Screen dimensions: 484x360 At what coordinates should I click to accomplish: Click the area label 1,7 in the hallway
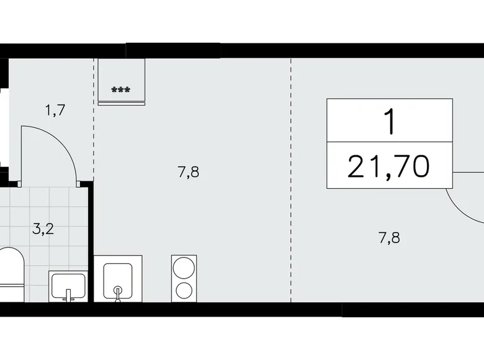(x=55, y=110)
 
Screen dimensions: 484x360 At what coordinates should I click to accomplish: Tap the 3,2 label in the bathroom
(x=43, y=229)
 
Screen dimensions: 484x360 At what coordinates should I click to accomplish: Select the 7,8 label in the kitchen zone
(x=188, y=172)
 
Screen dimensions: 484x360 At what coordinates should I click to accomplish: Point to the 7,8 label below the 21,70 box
(x=389, y=238)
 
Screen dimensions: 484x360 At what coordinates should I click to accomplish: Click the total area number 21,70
(x=388, y=167)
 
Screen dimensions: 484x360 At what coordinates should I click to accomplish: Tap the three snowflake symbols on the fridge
(x=121, y=90)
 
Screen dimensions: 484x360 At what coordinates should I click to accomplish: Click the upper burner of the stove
(x=184, y=268)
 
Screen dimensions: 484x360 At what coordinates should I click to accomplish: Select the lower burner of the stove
(x=184, y=290)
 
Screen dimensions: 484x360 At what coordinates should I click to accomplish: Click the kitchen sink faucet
(x=117, y=294)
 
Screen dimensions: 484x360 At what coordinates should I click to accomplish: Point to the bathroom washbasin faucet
(x=68, y=295)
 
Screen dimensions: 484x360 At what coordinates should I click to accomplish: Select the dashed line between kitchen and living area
(x=291, y=180)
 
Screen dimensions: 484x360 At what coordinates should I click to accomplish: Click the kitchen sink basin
(x=118, y=281)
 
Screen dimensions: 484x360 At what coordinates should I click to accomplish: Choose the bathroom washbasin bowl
(x=68, y=286)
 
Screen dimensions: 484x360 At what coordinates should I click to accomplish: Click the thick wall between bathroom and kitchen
(x=91, y=243)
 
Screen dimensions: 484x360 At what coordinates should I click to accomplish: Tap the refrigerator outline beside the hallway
(x=121, y=81)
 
